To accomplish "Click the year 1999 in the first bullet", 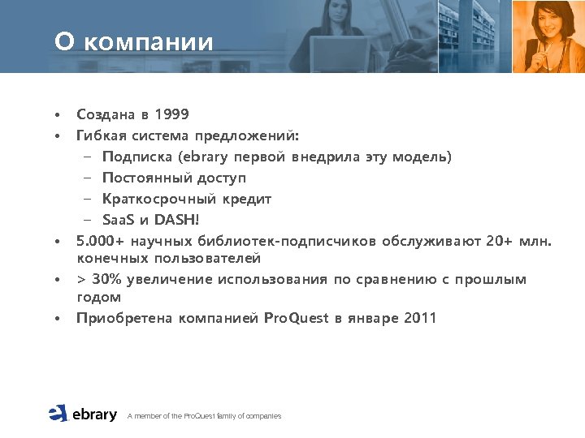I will point(171,114).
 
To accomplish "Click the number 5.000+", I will point(102,241).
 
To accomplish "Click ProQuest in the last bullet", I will point(297,318).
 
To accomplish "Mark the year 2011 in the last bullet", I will point(419,318).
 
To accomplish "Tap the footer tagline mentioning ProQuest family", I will point(204,416).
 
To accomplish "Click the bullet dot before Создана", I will point(58,115).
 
